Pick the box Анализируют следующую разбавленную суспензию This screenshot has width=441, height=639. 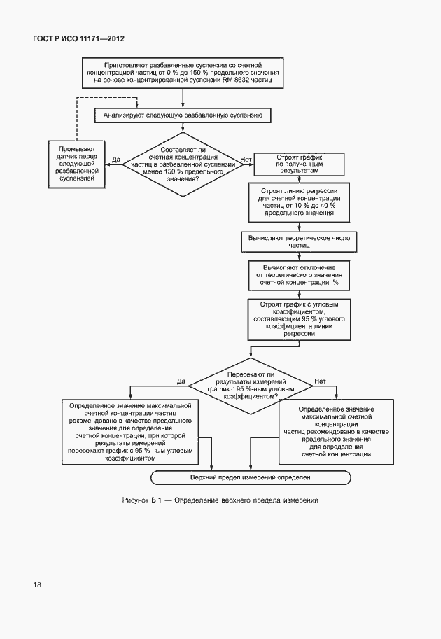[183, 115]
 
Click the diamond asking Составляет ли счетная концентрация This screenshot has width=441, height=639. [183, 164]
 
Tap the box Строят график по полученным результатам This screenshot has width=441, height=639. [299, 164]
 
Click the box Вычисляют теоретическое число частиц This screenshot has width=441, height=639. [298, 241]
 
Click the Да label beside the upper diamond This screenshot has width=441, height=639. [116, 160]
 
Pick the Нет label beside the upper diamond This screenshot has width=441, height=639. [246, 160]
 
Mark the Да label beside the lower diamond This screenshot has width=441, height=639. [181, 381]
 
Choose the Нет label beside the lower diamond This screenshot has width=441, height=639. [320, 381]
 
